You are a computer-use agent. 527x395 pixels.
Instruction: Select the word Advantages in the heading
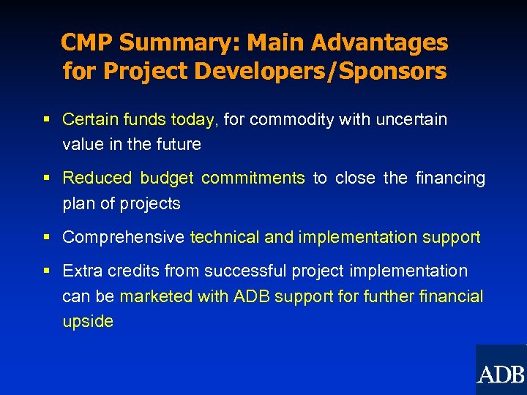pyautogui.click(x=379, y=43)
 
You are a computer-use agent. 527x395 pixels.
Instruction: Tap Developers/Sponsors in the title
pyautogui.click(x=321, y=72)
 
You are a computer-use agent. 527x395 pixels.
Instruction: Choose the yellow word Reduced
pyautogui.click(x=97, y=178)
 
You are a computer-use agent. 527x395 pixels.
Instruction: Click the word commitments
pyautogui.click(x=253, y=178)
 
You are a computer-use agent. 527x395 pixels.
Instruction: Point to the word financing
pyautogui.click(x=450, y=178)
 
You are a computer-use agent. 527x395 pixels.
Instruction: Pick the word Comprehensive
pyautogui.click(x=123, y=238)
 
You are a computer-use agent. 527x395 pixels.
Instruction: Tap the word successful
pyautogui.click(x=245, y=271)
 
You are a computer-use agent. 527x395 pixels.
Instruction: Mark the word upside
pyautogui.click(x=88, y=321)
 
